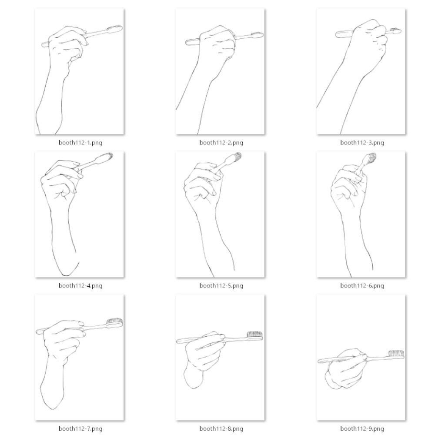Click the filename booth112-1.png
pyautogui.click(x=80, y=143)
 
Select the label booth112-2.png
pyautogui.click(x=221, y=143)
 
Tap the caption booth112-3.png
pyautogui.click(x=362, y=143)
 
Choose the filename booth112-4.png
pyautogui.click(x=80, y=285)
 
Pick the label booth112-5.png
pyautogui.click(x=221, y=285)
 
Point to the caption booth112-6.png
pyautogui.click(x=362, y=285)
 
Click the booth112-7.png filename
pyautogui.click(x=80, y=428)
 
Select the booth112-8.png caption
pyautogui.click(x=221, y=428)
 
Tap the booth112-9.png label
pyautogui.click(x=362, y=428)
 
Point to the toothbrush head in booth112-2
pyautogui.click(x=257, y=35)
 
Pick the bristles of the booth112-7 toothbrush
pyautogui.click(x=115, y=321)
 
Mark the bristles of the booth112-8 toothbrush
pyautogui.click(x=254, y=334)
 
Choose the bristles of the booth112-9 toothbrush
pyautogui.click(x=396, y=353)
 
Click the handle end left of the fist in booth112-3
pyautogui.click(x=337, y=35)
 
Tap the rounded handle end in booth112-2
pyautogui.click(x=187, y=43)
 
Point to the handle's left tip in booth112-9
pyautogui.click(x=319, y=361)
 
